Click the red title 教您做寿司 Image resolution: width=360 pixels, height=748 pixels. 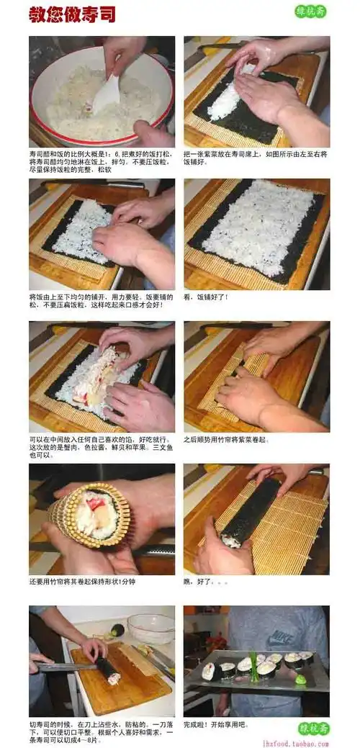[x=72, y=15]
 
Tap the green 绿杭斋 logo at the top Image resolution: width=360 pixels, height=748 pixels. [x=311, y=12]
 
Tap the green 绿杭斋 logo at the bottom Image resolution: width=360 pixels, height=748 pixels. [x=313, y=728]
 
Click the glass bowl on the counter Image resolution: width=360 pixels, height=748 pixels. [x=150, y=627]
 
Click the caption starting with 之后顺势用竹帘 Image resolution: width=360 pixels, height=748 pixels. [x=226, y=438]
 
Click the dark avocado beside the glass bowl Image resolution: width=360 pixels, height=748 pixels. [x=117, y=630]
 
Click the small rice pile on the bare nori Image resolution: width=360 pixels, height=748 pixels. [x=225, y=101]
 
